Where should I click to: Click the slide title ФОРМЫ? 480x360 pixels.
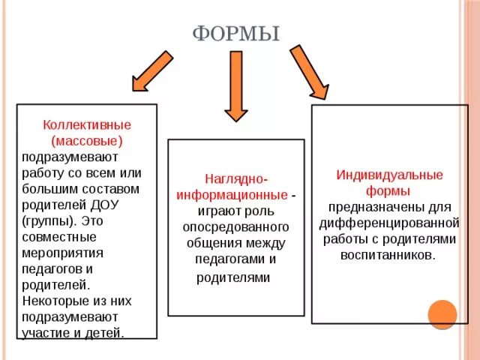click(x=236, y=34)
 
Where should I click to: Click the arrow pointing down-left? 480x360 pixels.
click(x=154, y=70)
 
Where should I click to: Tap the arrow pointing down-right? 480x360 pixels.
click(x=309, y=72)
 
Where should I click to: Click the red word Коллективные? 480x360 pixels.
click(x=87, y=124)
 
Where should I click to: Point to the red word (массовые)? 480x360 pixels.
click(x=87, y=140)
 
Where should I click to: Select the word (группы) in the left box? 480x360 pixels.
click(x=47, y=221)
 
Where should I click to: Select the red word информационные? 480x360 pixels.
click(x=232, y=194)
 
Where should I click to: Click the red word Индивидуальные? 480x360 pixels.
click(x=388, y=175)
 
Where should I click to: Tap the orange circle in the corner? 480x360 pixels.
click(x=442, y=314)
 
